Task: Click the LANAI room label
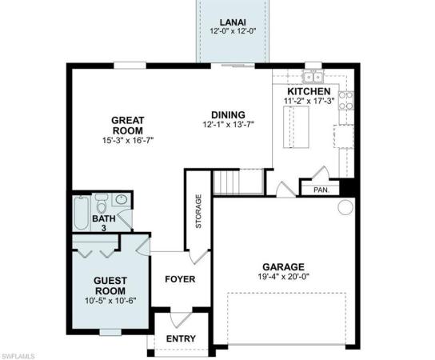coord(233,22)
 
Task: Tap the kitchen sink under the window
coord(313,77)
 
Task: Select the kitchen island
coord(296,127)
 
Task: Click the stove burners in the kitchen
coord(346,101)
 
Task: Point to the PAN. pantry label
coord(321,190)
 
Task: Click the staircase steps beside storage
coord(226,182)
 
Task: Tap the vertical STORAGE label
coord(198,211)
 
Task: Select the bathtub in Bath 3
coord(82,213)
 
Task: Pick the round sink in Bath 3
coord(122,199)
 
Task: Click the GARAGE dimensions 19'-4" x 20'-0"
coord(284,277)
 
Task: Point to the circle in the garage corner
coord(345,206)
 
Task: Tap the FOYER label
coord(180,279)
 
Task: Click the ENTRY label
coord(181,338)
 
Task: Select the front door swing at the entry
coord(181,319)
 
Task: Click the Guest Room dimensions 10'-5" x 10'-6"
coord(110,301)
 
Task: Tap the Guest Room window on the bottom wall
coord(110,332)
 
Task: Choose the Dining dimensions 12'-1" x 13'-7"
coord(229,125)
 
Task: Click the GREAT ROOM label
coord(128,126)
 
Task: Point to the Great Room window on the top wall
coord(130,66)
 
